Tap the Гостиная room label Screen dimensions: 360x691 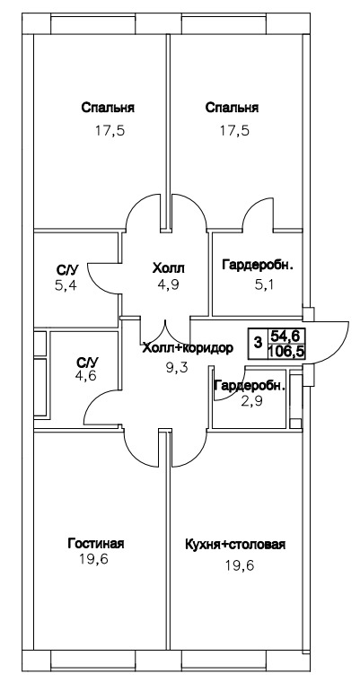96,543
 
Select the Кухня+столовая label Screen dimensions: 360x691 236,544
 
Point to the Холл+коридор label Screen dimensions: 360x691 188,348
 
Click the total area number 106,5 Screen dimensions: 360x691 287,352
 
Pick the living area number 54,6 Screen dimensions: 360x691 285,336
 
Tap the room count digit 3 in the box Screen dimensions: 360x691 259,342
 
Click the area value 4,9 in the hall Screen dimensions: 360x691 169,285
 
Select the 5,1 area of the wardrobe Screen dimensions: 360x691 263,285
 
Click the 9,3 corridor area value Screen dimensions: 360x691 177,367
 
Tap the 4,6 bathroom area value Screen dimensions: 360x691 86,376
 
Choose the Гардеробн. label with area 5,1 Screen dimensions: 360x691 258,266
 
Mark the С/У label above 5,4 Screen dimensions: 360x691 66,270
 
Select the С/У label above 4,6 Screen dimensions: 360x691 87,363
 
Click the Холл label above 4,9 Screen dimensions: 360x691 168,267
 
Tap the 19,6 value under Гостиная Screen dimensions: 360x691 93,560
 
